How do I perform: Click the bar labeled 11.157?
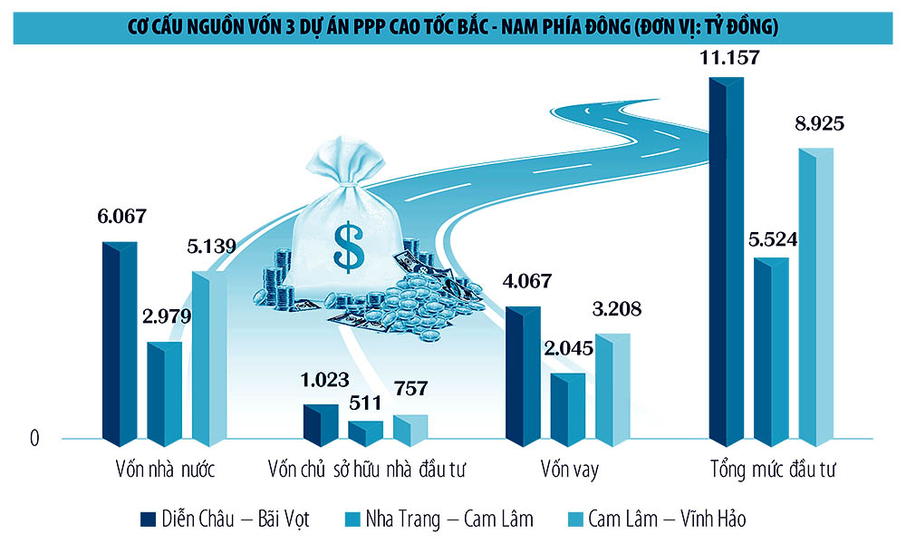[x=727, y=263]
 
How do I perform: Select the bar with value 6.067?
[x=119, y=345]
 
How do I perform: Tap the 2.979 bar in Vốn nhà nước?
[x=164, y=394]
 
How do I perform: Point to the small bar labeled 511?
[x=365, y=433]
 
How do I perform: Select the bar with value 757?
[x=410, y=431]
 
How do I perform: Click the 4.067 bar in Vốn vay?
[x=523, y=376]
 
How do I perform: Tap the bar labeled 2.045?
[x=568, y=410]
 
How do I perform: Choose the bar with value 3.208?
[x=612, y=390]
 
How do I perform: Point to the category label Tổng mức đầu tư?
[x=772, y=471]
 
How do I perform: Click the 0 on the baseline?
[x=35, y=439]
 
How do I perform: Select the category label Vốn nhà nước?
[x=164, y=471]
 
